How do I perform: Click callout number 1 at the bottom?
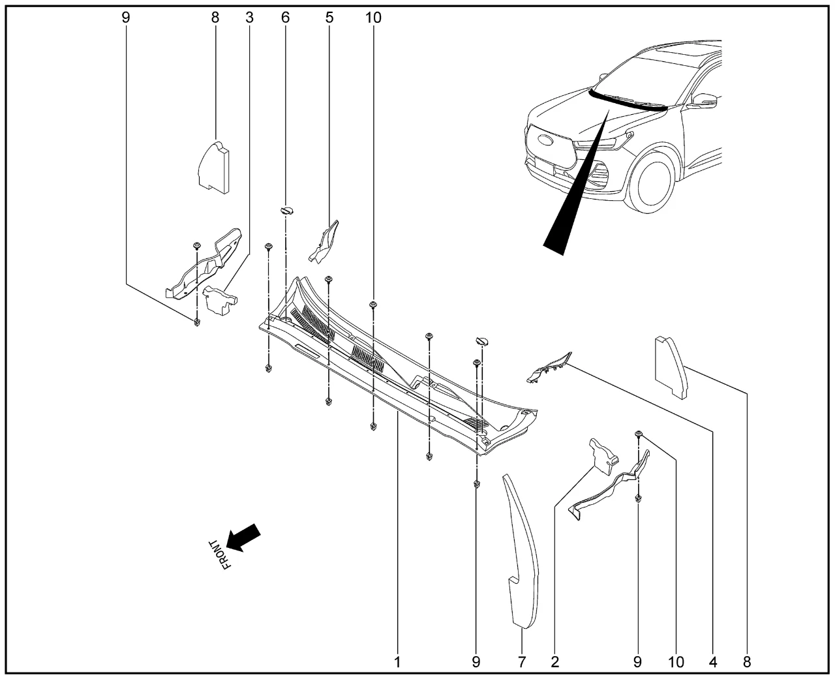tap(397, 662)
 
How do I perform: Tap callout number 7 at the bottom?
tap(522, 662)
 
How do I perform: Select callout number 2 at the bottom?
tap(554, 662)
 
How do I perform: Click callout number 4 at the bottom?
tap(713, 662)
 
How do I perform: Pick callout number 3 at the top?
tap(249, 18)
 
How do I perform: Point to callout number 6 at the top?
tap(285, 18)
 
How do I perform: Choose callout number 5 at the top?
tap(329, 18)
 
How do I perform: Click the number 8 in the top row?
tap(215, 18)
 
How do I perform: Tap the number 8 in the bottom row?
tap(746, 662)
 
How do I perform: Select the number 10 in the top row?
tap(373, 18)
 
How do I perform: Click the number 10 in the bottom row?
tap(676, 662)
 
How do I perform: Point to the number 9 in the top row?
tap(126, 18)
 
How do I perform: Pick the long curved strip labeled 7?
tap(522, 554)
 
